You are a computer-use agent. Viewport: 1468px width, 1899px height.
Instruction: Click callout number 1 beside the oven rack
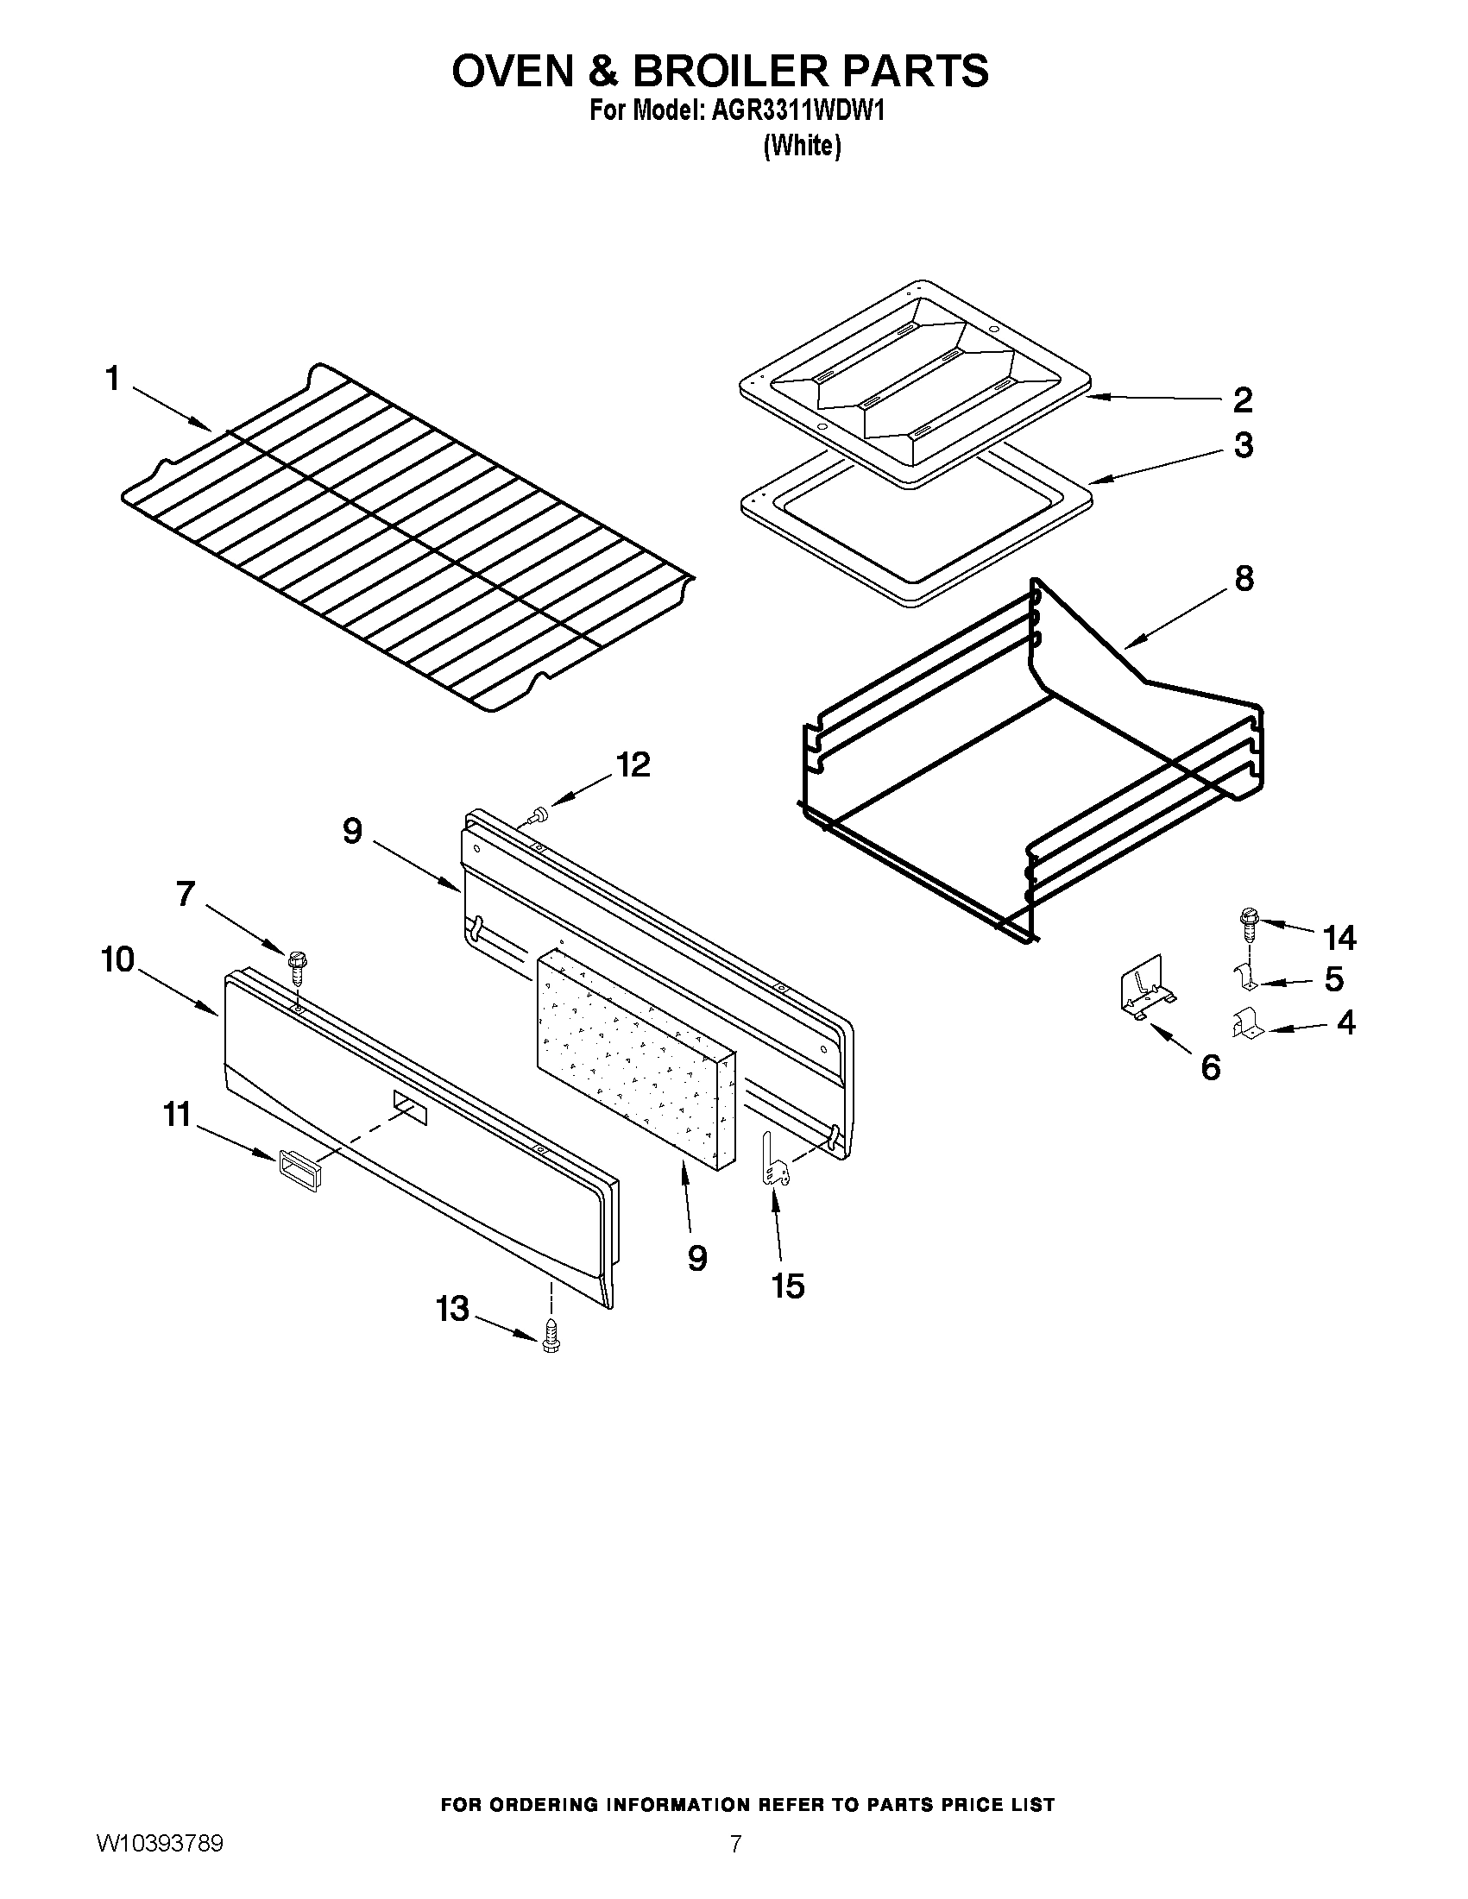pos(112,379)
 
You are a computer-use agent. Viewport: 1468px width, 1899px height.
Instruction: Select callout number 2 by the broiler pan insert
pos(1243,400)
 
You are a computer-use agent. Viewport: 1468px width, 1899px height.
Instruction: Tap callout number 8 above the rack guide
pos(1244,578)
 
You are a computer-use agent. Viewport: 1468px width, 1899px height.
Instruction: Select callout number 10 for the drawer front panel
pos(118,960)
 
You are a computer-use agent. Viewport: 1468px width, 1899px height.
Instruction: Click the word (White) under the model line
pos(802,146)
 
